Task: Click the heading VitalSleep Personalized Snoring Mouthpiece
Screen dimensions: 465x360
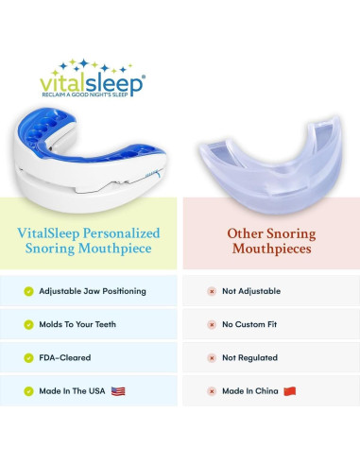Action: (x=90, y=241)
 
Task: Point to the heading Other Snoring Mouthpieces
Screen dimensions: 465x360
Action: (x=270, y=241)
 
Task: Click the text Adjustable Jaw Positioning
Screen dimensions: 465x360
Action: (x=93, y=291)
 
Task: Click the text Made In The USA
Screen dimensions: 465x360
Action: (x=73, y=390)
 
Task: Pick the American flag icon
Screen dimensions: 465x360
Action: (x=118, y=390)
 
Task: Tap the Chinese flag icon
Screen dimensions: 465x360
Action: (x=289, y=390)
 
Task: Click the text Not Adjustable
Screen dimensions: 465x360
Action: (x=250, y=291)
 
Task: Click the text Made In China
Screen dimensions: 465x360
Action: (x=250, y=390)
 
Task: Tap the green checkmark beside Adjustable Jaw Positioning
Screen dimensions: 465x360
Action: (x=28, y=291)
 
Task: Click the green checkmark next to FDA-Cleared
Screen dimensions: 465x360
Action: (x=28, y=357)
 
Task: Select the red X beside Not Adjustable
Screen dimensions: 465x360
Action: (x=212, y=291)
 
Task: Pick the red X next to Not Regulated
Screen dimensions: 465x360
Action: (x=212, y=357)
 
